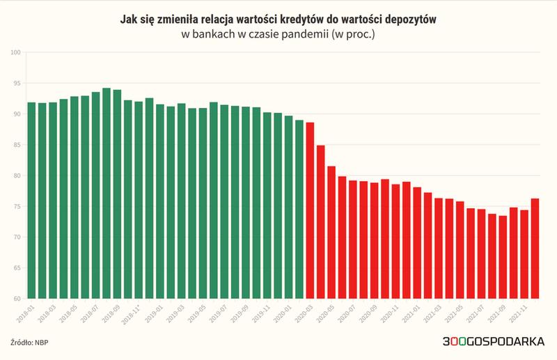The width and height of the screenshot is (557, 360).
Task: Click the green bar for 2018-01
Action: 31,201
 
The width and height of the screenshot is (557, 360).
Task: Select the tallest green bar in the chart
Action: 107,194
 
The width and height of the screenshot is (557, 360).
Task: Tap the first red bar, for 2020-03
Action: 310,210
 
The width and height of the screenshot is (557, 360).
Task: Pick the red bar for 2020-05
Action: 331,233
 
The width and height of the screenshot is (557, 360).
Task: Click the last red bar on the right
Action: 535,249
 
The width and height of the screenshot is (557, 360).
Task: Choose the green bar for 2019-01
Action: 160,201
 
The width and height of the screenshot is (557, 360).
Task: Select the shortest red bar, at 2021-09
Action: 503,257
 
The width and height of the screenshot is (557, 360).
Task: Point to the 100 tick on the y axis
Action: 16,53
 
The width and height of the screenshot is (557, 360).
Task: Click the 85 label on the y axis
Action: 17,145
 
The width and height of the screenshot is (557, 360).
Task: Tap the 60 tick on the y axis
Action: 17,299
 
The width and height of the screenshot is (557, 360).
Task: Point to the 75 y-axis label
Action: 17,207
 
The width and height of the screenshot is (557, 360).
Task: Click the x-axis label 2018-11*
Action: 131,314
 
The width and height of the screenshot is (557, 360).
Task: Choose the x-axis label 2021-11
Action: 517,313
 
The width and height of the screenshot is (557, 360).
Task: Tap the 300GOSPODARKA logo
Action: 494,341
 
